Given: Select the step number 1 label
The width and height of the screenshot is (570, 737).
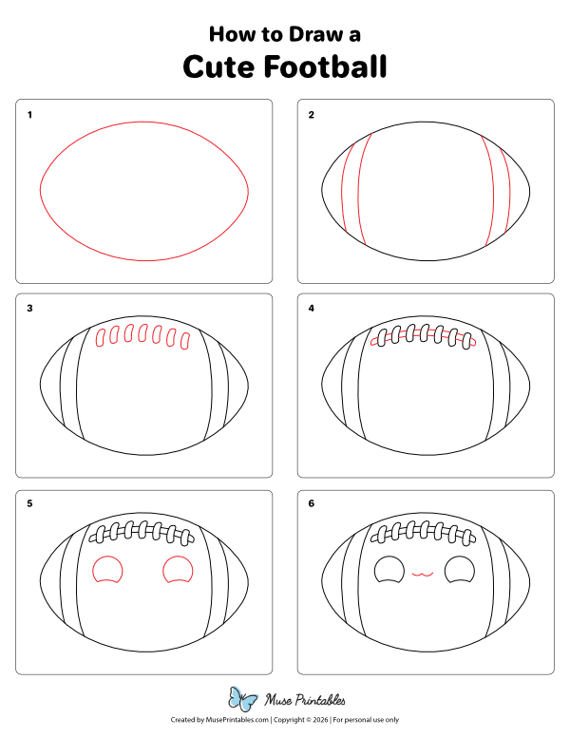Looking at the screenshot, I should tap(30, 115).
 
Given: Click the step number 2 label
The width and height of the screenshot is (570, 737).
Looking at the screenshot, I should tap(311, 115).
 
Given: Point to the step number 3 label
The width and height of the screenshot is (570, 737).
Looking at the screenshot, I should tap(30, 309).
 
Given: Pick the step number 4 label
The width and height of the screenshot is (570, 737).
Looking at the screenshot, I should tap(311, 309).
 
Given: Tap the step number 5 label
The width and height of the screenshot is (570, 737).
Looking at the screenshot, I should tap(30, 504).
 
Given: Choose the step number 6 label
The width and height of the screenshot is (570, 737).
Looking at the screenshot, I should tap(311, 504).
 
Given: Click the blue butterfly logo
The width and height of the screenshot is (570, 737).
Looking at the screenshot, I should tap(243, 700).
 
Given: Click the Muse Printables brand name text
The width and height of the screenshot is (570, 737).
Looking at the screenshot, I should tap(304, 701).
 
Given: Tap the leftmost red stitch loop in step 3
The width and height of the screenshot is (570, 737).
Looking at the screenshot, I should tap(102, 336).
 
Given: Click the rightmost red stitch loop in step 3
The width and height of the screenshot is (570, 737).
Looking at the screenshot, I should tap(184, 340).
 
